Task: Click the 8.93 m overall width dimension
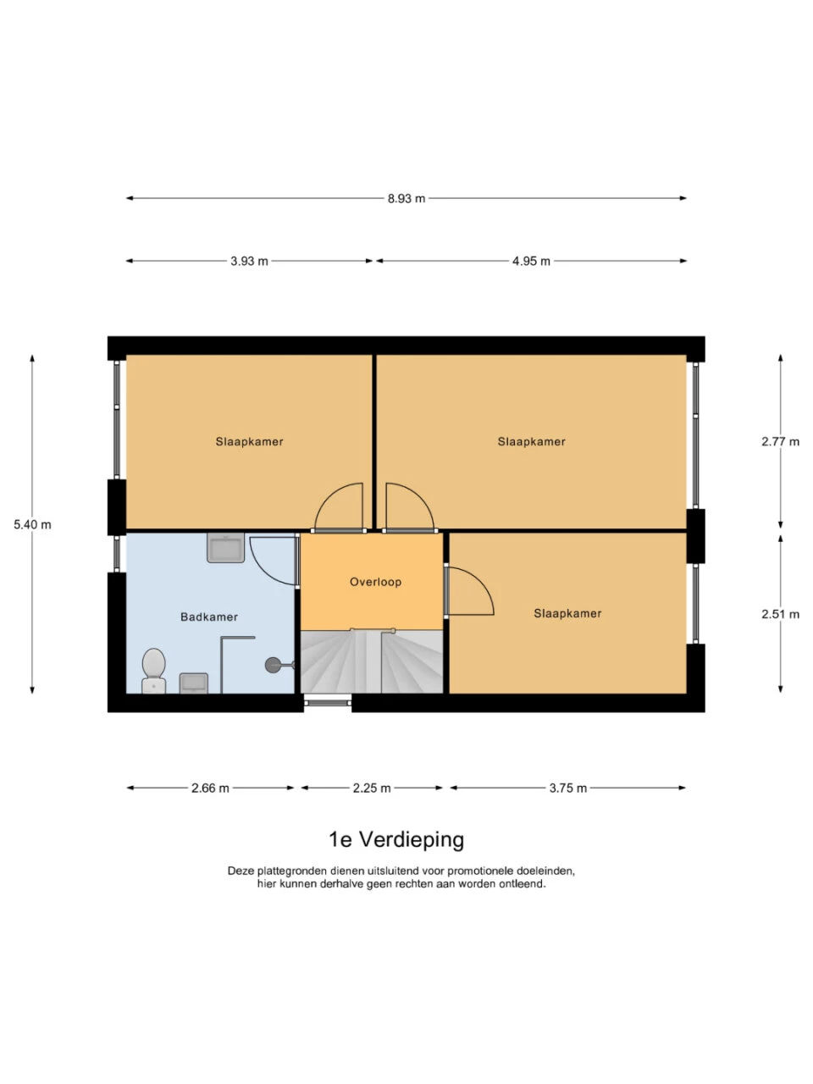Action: tap(406, 198)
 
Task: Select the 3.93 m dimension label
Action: tap(249, 261)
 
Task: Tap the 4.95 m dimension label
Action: tap(531, 261)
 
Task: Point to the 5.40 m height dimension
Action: tap(32, 524)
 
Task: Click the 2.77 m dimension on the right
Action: tap(780, 441)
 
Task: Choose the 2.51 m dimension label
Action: tap(780, 614)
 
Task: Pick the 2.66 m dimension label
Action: tap(210, 788)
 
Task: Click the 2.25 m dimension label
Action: tap(372, 788)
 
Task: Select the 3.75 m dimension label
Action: tap(567, 788)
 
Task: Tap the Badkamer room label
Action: tap(209, 617)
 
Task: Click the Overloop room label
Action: tap(375, 582)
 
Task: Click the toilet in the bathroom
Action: tap(153, 670)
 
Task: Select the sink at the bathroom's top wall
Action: tap(225, 548)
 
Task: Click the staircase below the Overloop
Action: tap(372, 662)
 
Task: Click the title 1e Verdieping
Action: tap(396, 839)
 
